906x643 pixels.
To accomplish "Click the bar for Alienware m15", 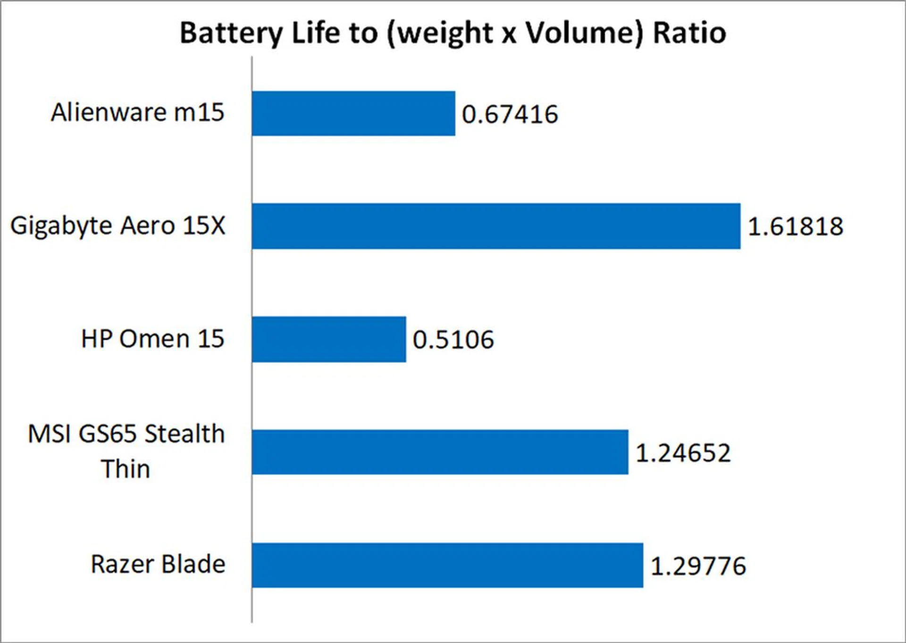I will (353, 114).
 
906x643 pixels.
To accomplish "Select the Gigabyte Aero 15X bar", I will (496, 226).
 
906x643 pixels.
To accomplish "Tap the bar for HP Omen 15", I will (329, 339).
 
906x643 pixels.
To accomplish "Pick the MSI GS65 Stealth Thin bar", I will (440, 452).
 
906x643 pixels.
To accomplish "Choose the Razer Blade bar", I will (447, 565).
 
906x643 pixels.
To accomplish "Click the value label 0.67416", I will (510, 115).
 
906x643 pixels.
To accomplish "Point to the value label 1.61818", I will (796, 226).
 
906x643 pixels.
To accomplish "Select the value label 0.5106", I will (453, 340).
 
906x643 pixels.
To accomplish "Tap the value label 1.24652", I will (683, 453).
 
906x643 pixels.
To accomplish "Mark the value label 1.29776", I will (698, 566).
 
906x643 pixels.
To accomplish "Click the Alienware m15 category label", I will (137, 112).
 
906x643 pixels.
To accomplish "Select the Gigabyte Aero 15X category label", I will (118, 225).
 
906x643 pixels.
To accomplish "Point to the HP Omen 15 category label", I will (152, 339).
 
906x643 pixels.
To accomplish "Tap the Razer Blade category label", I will (158, 564).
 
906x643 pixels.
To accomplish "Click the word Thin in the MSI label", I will (126, 469).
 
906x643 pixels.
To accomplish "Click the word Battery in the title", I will (231, 33).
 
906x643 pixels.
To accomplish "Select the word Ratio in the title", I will (689, 33).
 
